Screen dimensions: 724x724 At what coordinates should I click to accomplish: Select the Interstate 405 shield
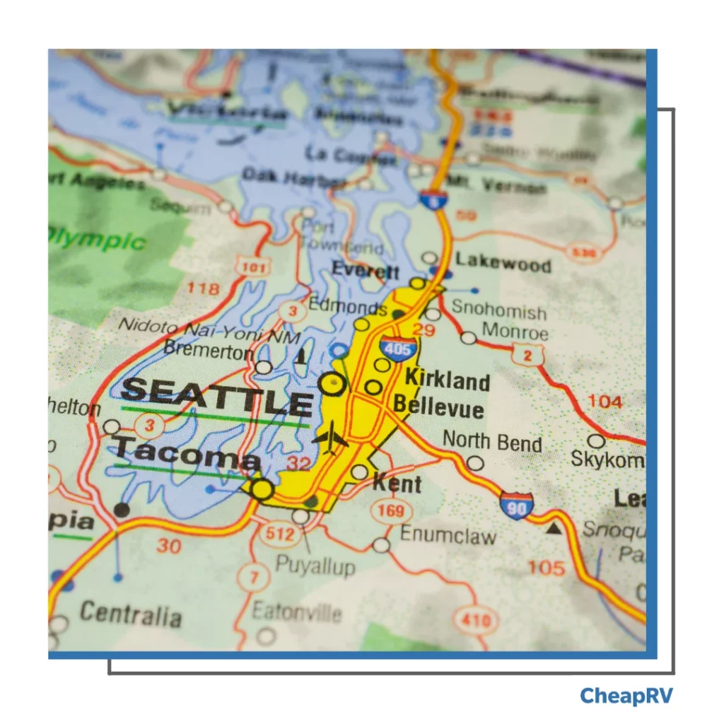397,349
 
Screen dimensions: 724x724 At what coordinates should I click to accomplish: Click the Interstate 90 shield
516,505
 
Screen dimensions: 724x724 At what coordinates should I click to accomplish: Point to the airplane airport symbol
329,438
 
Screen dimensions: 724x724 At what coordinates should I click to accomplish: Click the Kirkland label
447,380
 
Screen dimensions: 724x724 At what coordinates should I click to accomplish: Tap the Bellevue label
438,407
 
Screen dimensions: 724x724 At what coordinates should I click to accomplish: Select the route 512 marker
280,534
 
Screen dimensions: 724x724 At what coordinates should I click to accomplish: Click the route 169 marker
391,510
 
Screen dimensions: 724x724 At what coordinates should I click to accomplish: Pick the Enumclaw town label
448,535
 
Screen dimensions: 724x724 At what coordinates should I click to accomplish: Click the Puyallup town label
315,566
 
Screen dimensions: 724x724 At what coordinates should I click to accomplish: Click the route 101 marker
252,267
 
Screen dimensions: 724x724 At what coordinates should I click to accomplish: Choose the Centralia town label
130,613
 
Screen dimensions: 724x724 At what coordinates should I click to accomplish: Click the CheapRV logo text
626,696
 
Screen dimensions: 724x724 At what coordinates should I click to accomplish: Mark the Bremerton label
208,350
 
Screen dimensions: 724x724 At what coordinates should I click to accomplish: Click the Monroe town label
515,331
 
